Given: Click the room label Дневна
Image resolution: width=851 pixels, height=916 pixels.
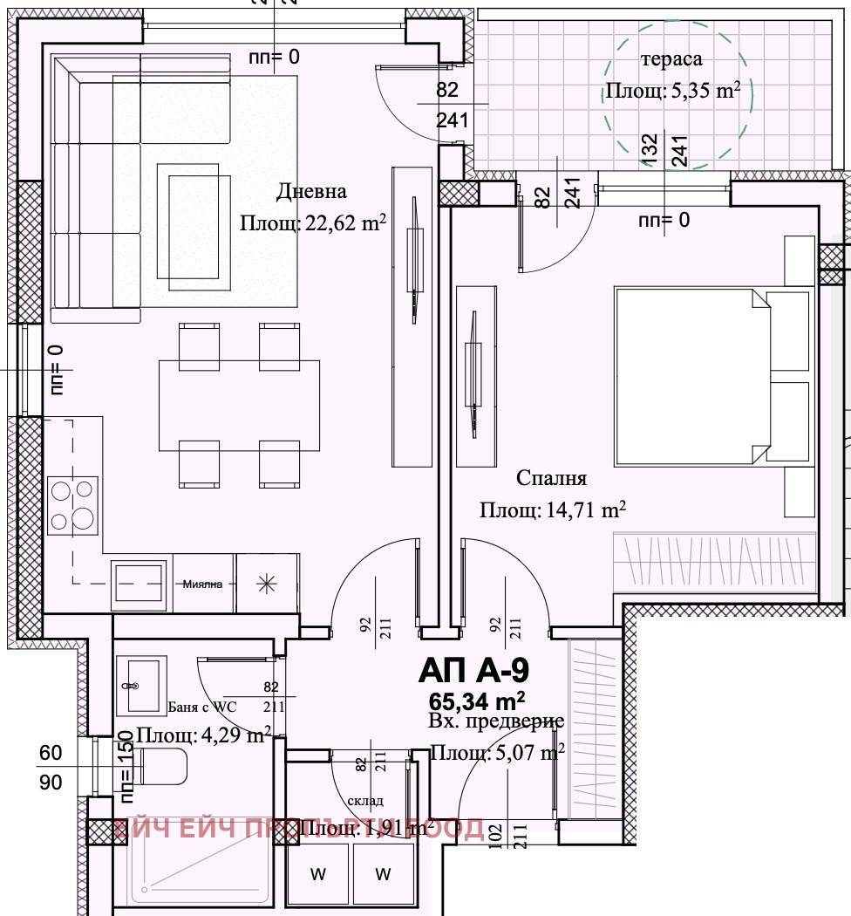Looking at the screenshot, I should pyautogui.click(x=311, y=191).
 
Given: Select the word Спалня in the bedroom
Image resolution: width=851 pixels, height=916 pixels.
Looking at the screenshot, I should pyautogui.click(x=551, y=478).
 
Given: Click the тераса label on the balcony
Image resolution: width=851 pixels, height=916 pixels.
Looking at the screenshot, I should pyautogui.click(x=671, y=59).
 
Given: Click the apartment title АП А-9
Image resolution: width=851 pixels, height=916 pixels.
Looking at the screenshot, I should pyautogui.click(x=474, y=671).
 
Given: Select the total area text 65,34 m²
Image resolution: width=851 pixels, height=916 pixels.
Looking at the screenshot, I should pyautogui.click(x=476, y=700).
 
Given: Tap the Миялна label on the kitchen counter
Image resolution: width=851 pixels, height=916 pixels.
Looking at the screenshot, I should pyautogui.click(x=204, y=584).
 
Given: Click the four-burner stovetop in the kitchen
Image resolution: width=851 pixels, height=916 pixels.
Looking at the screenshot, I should pyautogui.click(x=73, y=505).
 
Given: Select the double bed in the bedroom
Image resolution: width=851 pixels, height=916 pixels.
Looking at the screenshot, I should pyautogui.click(x=689, y=375).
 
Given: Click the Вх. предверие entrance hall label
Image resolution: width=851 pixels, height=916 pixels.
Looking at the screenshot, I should pyautogui.click(x=497, y=722).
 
